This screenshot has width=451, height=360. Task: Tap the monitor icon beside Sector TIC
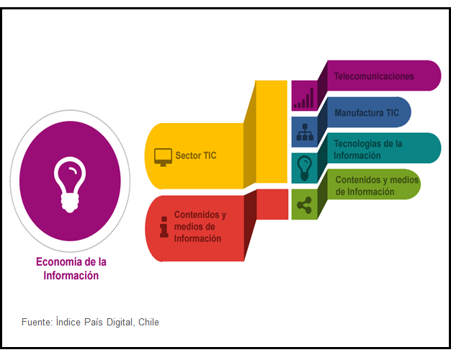(163, 156)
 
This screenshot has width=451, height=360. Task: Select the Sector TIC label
(195, 156)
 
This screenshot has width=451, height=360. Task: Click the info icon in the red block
(164, 227)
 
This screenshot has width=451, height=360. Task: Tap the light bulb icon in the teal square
(304, 168)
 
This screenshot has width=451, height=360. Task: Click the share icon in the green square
(303, 205)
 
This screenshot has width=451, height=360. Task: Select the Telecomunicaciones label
(374, 76)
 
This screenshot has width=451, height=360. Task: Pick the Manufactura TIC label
(366, 112)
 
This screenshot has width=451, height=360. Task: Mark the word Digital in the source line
(118, 322)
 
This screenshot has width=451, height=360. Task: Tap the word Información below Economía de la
(71, 275)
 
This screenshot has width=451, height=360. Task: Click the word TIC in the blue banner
(392, 112)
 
